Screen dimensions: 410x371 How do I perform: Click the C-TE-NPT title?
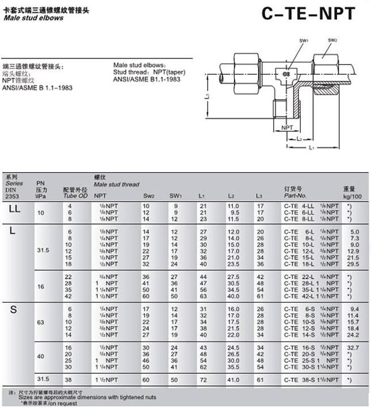309,14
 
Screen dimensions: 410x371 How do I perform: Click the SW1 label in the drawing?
303,41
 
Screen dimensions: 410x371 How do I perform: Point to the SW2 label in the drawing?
332,40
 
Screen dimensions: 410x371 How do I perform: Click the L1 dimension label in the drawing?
312,148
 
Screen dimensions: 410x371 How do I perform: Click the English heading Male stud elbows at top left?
33,18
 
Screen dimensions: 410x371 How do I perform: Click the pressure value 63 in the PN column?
40,321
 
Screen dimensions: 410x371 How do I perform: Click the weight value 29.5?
352,264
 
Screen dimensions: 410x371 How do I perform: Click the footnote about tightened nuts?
82,397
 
